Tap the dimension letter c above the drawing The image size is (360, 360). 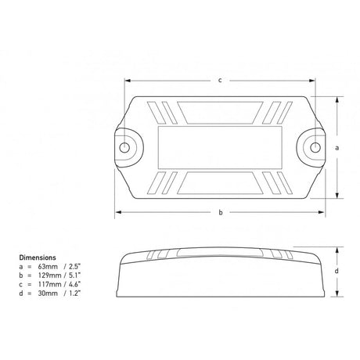click(220, 81)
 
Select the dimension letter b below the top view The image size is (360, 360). click(221, 212)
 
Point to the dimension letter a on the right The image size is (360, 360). click(337, 148)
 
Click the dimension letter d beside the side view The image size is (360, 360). click(337, 271)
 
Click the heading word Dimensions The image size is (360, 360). click(38, 257)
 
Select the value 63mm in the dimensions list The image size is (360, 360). click(48, 267)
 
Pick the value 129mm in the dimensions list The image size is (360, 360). click(49, 275)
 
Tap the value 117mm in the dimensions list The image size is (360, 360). click(49, 284)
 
